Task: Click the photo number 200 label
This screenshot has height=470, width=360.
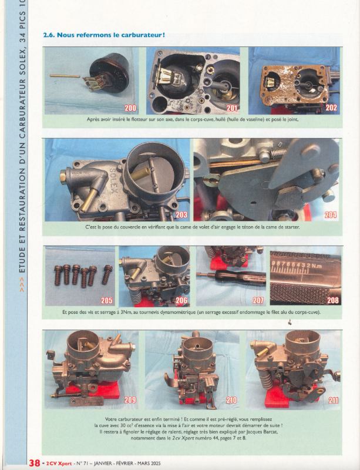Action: coord(130,108)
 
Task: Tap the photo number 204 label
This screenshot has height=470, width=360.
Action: coord(330,214)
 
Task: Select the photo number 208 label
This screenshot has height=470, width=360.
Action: coord(333,300)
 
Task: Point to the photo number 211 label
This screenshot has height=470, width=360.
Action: coord(333,400)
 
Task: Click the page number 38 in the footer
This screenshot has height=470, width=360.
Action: coord(35,463)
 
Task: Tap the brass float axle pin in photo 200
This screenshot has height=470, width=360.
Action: coord(65,76)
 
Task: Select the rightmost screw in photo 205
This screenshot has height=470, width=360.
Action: coord(107,274)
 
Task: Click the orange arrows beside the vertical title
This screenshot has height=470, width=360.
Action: coord(22,285)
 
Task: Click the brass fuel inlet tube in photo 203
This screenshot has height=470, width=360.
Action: coord(90,199)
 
